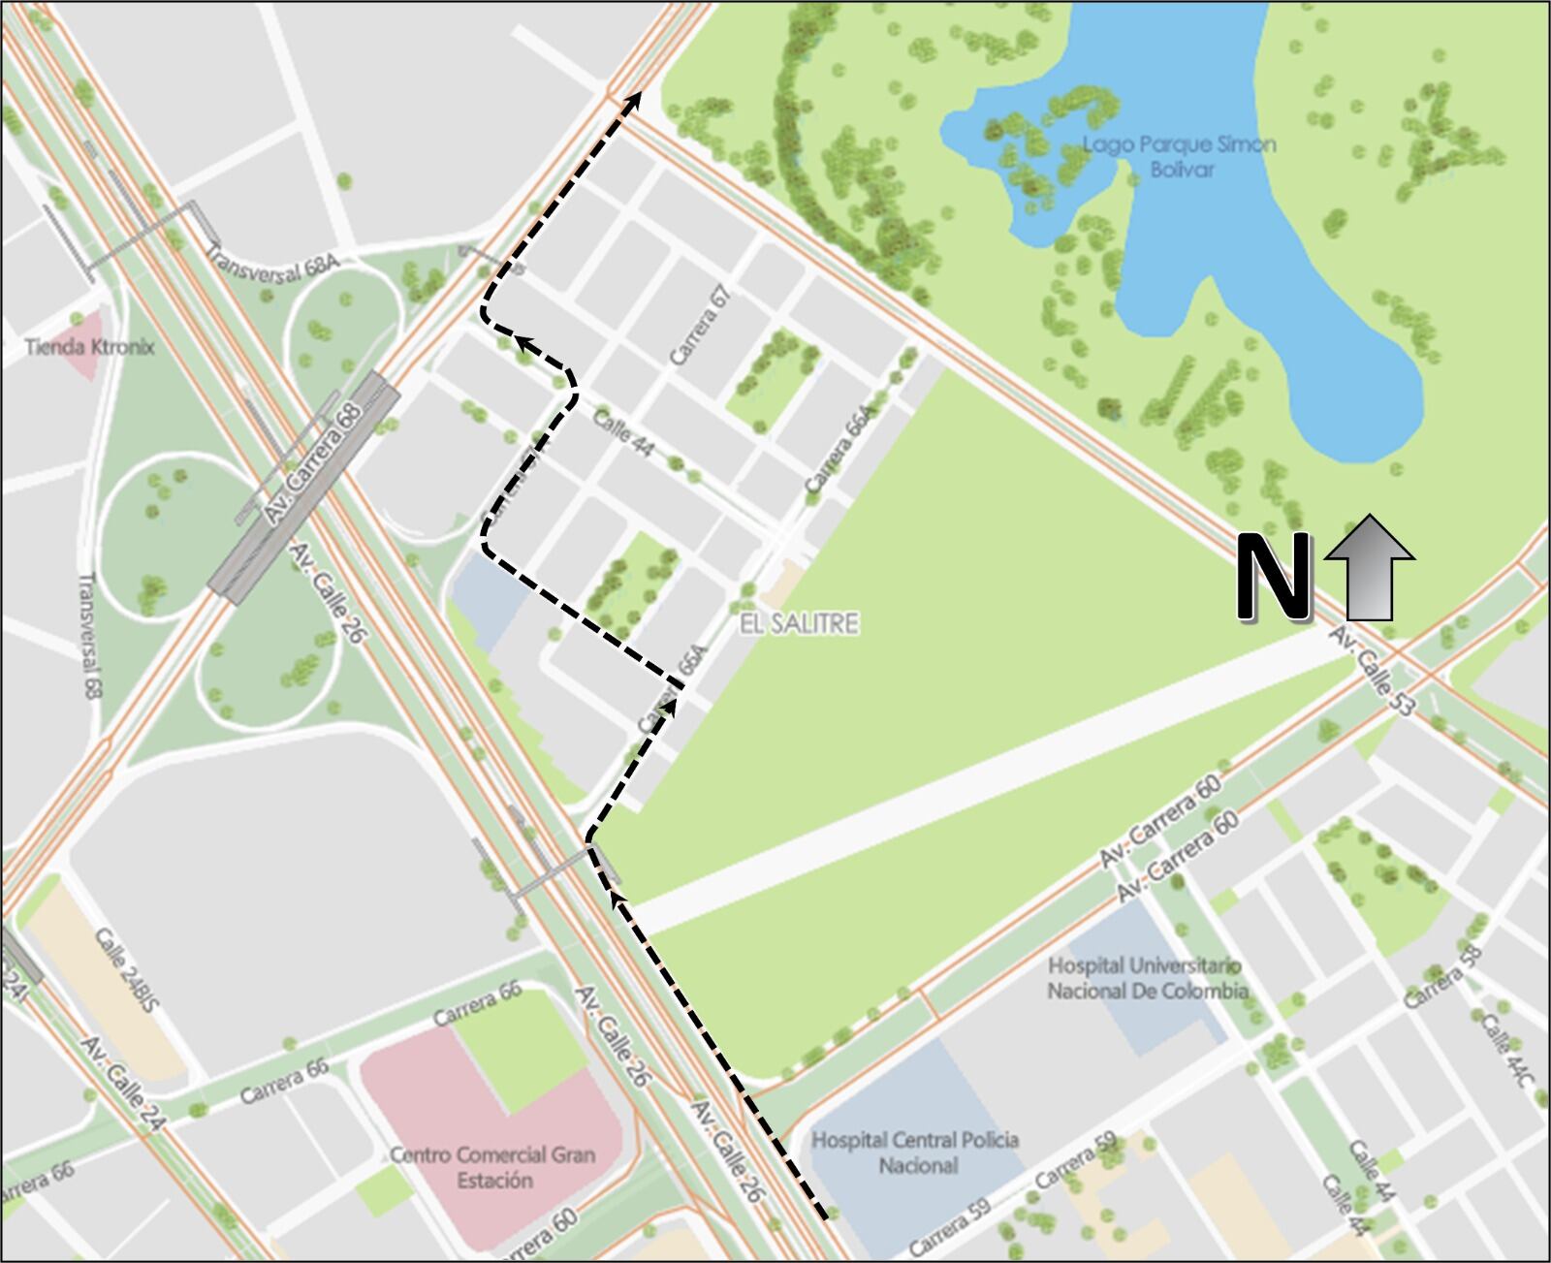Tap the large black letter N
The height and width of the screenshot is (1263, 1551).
tap(1271, 578)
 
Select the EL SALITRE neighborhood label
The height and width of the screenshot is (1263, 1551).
tap(799, 623)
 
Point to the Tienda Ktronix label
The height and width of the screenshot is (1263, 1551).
tap(89, 346)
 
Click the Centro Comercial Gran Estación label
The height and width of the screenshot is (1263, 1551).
tap(492, 1167)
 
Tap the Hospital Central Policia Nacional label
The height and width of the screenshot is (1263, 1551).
tap(915, 1152)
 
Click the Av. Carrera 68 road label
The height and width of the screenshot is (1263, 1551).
tap(312, 464)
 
